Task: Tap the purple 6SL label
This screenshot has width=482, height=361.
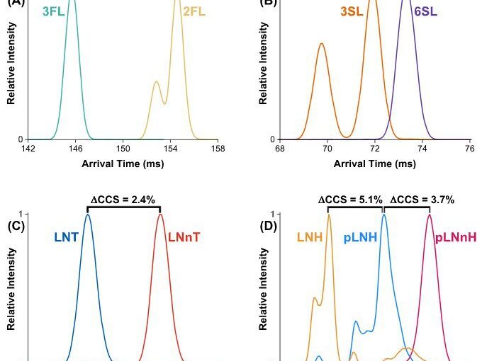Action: [x=425, y=12]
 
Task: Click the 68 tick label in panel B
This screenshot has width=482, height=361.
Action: [x=280, y=149]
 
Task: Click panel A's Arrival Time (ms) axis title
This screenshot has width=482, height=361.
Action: [x=123, y=164]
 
